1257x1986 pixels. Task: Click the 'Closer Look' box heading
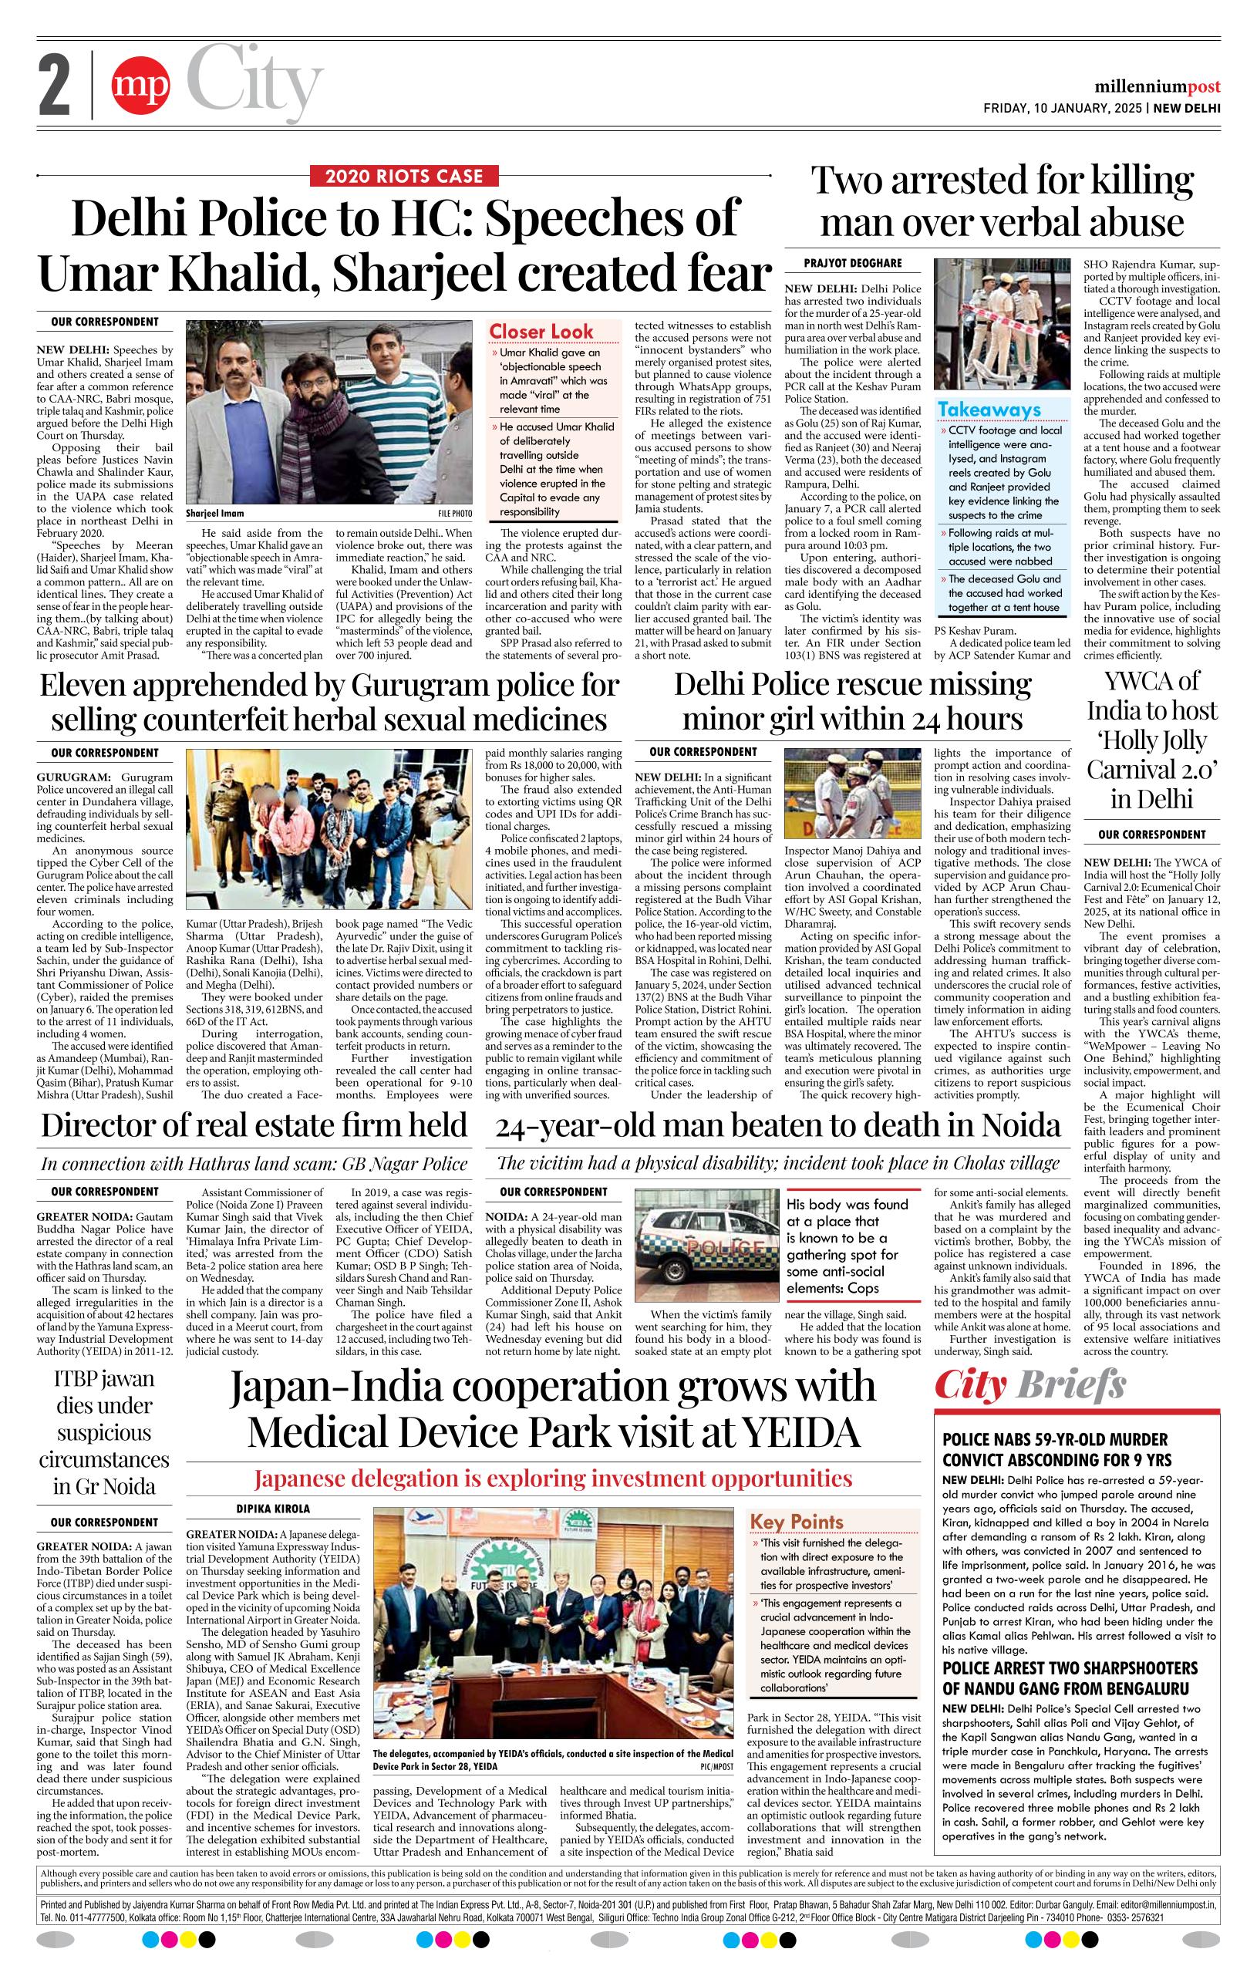tap(541, 332)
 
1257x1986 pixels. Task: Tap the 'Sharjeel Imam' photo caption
tap(214, 513)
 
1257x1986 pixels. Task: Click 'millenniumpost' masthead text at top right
tap(1158, 87)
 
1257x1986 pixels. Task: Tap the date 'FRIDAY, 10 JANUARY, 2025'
tap(1063, 108)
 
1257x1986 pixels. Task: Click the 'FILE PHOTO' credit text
tap(455, 514)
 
